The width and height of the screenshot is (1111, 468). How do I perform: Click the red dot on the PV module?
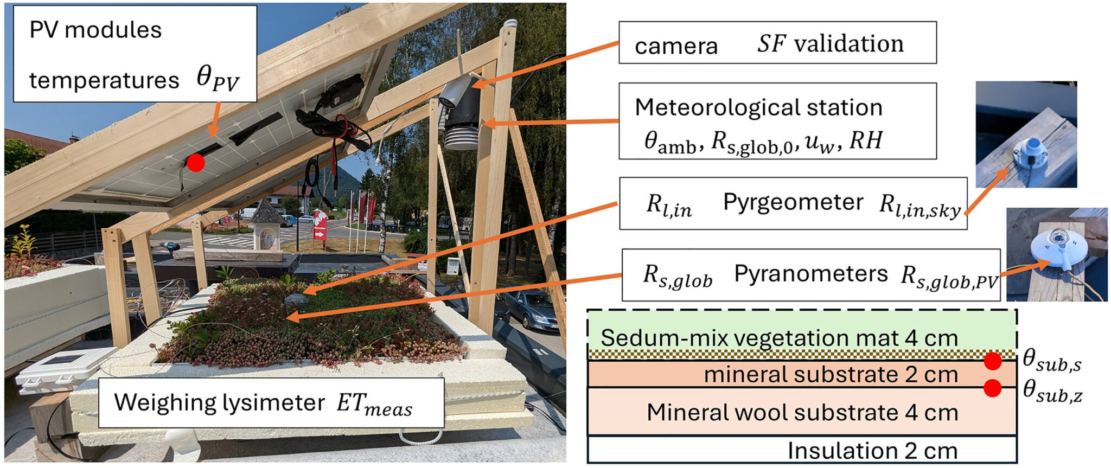click(196, 162)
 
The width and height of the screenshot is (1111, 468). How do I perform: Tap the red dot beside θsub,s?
click(992, 361)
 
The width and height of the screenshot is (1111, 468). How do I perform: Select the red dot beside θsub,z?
click(992, 388)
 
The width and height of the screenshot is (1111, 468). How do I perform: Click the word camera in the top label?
click(676, 46)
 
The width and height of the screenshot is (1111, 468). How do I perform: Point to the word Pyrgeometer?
click(793, 203)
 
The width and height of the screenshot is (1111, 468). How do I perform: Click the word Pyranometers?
click(810, 274)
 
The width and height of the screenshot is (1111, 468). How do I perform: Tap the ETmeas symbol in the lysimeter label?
click(374, 405)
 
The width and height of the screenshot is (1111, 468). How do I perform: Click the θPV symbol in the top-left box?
click(217, 80)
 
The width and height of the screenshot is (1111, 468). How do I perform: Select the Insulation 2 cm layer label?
click(872, 451)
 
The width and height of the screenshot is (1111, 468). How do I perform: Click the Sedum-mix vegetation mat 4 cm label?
click(779, 338)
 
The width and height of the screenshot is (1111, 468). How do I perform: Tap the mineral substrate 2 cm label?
click(830, 374)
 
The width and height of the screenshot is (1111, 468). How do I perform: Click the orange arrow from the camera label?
click(548, 62)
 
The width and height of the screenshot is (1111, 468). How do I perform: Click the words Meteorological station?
click(758, 107)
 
